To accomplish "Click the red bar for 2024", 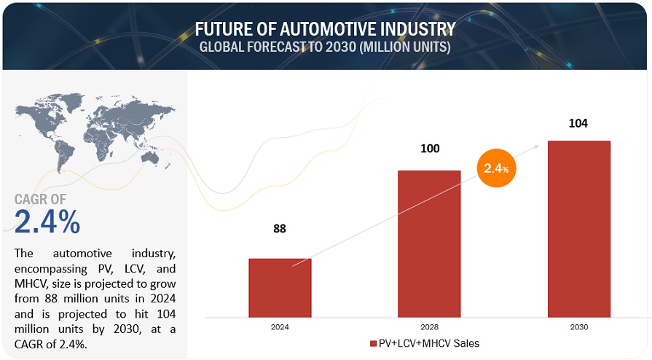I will coord(280,288).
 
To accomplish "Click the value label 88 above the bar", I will coord(280,228).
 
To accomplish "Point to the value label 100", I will coord(429,149).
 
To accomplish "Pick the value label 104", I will coord(578,122).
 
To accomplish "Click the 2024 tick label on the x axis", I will coord(280,327).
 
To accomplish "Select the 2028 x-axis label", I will coord(429,327).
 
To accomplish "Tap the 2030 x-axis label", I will coord(578,327).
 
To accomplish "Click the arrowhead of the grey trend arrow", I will coord(538,145).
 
